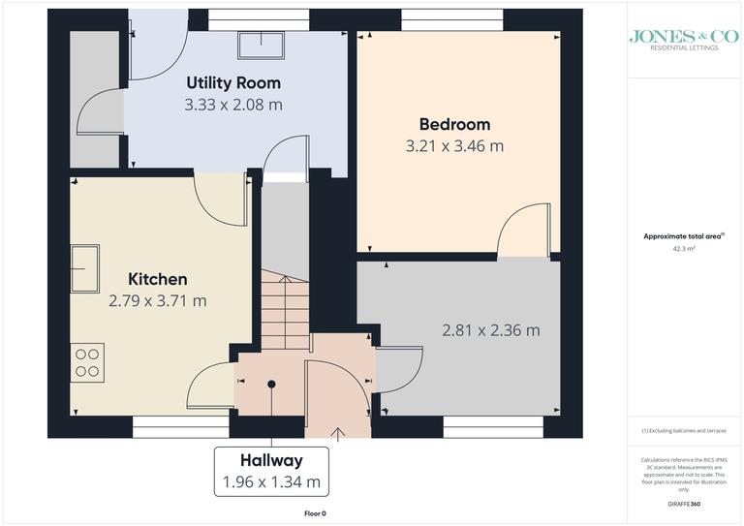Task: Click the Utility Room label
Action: coord(233,83)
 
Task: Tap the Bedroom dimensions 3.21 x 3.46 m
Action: coord(454,146)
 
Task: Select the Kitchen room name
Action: coord(158,279)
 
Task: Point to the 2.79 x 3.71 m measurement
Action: coord(158,300)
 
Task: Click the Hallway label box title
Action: coord(272,460)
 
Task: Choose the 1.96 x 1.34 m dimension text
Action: coord(272,481)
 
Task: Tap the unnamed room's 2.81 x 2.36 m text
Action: coord(490,330)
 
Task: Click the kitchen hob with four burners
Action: coord(86,361)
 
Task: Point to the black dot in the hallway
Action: coord(272,385)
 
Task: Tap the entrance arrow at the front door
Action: coord(338,433)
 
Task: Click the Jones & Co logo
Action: coord(677,39)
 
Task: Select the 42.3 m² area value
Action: coord(685,248)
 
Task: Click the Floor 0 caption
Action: coord(315,513)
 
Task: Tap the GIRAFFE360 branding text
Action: coord(685,506)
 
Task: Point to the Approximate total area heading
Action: coord(684,235)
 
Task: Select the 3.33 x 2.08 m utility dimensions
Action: coord(233,105)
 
